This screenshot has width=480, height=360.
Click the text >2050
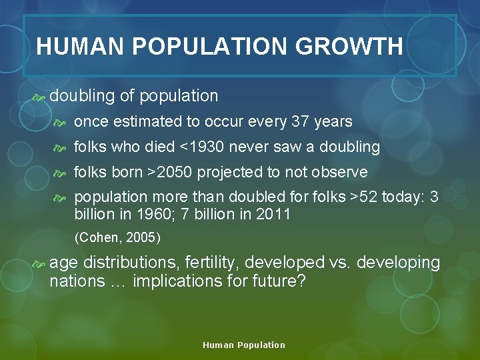(170, 172)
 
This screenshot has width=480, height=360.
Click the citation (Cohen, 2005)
(117, 237)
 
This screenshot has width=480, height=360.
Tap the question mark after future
(301, 281)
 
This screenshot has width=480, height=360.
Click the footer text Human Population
(243, 345)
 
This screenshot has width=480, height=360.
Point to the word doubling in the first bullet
(82, 96)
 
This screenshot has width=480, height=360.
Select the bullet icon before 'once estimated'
(61, 122)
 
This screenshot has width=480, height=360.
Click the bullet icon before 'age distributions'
(38, 263)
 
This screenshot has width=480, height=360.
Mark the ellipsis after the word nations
(119, 282)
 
